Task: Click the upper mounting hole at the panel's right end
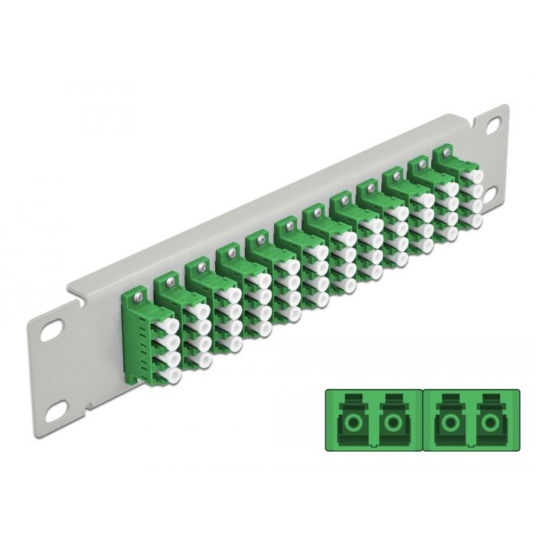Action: pos(491,122)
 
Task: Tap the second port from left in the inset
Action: pos(394,423)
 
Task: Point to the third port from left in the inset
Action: pos(446,423)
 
